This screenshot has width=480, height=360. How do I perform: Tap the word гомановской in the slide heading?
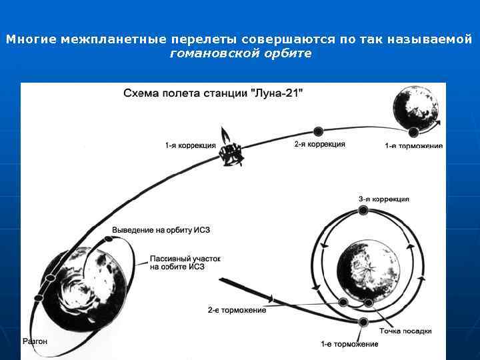[208, 53]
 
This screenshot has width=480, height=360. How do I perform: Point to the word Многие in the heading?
[31, 40]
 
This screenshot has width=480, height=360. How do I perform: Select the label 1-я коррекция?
[191, 145]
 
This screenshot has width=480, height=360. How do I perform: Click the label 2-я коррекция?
[319, 144]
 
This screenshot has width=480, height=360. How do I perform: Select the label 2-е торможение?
[237, 310]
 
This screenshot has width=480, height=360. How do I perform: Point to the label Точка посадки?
[405, 331]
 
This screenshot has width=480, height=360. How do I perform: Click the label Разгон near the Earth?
[35, 341]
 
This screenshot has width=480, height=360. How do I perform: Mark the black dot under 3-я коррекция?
[363, 211]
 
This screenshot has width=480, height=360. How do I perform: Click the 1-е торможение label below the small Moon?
[413, 146]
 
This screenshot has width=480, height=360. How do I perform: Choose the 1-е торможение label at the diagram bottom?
[349, 344]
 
